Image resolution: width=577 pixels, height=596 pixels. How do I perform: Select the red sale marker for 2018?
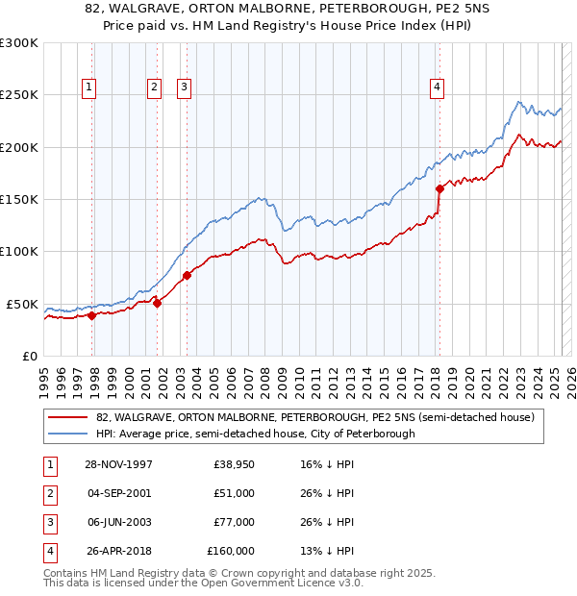[439, 189]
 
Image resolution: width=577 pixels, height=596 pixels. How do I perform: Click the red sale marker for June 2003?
[187, 276]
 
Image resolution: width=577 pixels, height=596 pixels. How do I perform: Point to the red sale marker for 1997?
[92, 314]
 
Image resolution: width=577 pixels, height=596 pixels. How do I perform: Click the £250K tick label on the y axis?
[18, 95]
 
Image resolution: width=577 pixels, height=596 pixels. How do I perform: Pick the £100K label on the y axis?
[18, 251]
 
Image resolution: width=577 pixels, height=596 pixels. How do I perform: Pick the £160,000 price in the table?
[231, 551]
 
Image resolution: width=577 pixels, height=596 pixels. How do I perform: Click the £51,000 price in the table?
[234, 492]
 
